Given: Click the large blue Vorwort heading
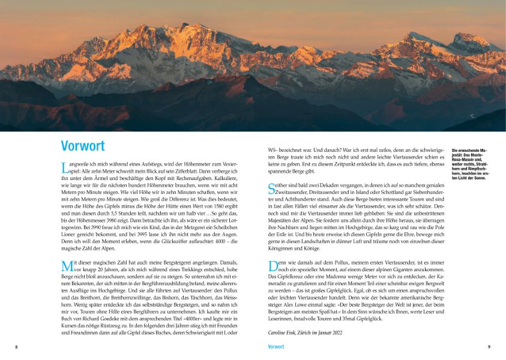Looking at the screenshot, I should tap(83, 146).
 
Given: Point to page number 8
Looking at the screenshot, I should tap(16, 347).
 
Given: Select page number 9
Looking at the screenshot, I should tap(489, 347).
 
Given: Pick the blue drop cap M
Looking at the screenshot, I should tap(66, 265).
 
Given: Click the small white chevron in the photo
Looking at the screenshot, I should tap(472, 116).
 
